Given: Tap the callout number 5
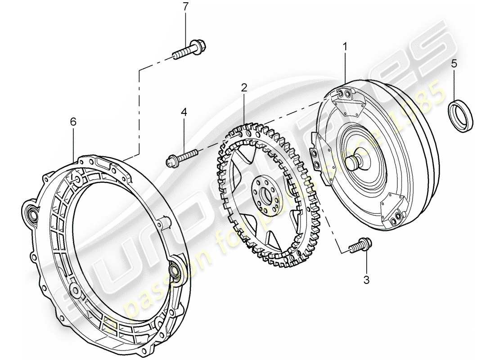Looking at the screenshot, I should (x=454, y=63).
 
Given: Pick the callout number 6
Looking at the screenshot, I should (x=73, y=121).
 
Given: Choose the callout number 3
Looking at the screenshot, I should (x=366, y=280).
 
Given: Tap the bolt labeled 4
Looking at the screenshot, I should (x=182, y=156).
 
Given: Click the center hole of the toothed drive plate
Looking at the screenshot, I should (x=264, y=194).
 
